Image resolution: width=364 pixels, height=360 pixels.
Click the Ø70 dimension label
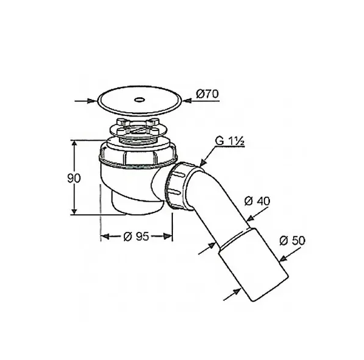click(x=207, y=94)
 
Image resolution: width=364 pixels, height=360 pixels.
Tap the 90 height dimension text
click(x=74, y=178)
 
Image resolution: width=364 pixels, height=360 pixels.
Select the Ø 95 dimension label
click(x=136, y=236)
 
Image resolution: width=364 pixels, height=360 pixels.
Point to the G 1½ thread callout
click(x=229, y=141)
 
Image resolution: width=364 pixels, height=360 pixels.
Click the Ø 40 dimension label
click(x=257, y=201)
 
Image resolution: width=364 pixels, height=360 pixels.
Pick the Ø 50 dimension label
click(x=292, y=240)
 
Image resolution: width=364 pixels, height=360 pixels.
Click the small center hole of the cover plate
click(x=140, y=100)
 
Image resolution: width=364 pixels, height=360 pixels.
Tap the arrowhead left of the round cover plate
click(x=92, y=101)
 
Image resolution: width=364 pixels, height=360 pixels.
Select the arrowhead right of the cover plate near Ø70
click(x=187, y=101)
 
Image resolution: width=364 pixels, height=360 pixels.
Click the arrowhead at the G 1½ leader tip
click(x=203, y=161)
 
